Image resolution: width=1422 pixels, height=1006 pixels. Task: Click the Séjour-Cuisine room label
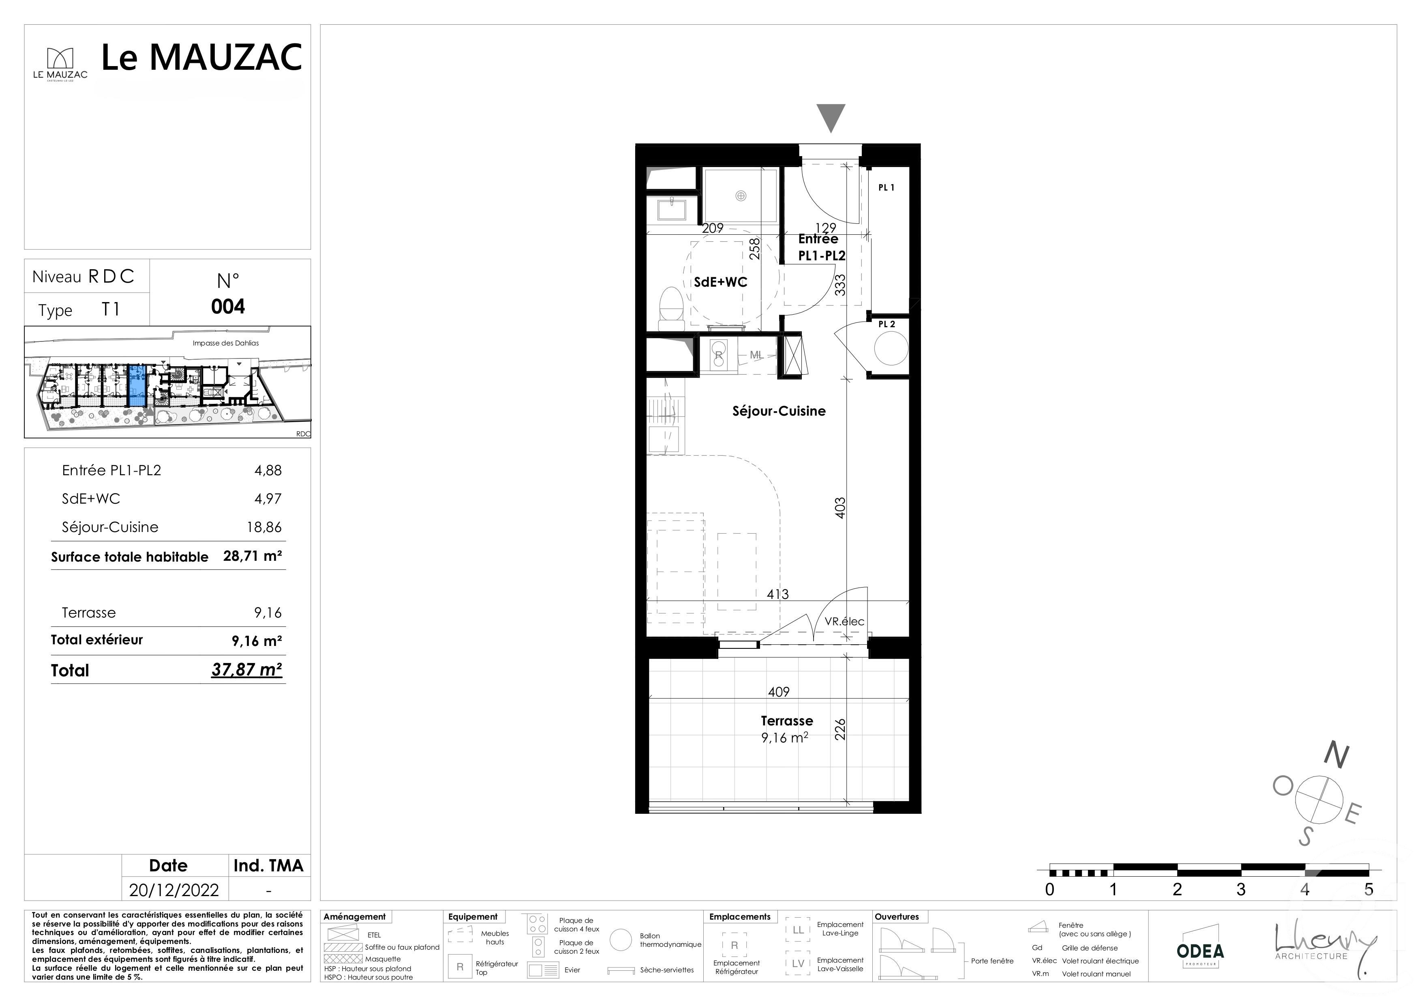click(x=779, y=411)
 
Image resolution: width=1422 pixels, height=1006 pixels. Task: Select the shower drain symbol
click(x=740, y=196)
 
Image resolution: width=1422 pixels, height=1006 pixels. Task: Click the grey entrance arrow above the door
click(x=831, y=118)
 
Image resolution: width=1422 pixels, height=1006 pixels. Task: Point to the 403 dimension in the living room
click(x=840, y=508)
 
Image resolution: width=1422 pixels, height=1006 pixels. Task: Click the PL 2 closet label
click(x=886, y=324)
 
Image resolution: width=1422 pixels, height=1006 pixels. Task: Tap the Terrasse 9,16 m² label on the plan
click(x=786, y=729)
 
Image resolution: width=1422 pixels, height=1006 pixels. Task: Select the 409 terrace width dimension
click(x=779, y=692)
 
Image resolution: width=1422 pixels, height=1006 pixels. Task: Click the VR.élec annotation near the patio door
click(x=844, y=621)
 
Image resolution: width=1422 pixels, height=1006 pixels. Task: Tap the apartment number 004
click(x=228, y=307)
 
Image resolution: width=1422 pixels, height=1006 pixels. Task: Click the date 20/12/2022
click(x=174, y=890)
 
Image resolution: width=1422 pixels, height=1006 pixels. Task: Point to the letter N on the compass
click(x=1336, y=755)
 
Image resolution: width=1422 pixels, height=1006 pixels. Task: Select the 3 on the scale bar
click(x=1240, y=890)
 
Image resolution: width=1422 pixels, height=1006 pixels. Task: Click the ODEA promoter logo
click(x=1199, y=952)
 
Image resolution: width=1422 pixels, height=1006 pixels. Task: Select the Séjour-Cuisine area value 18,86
click(x=264, y=527)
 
